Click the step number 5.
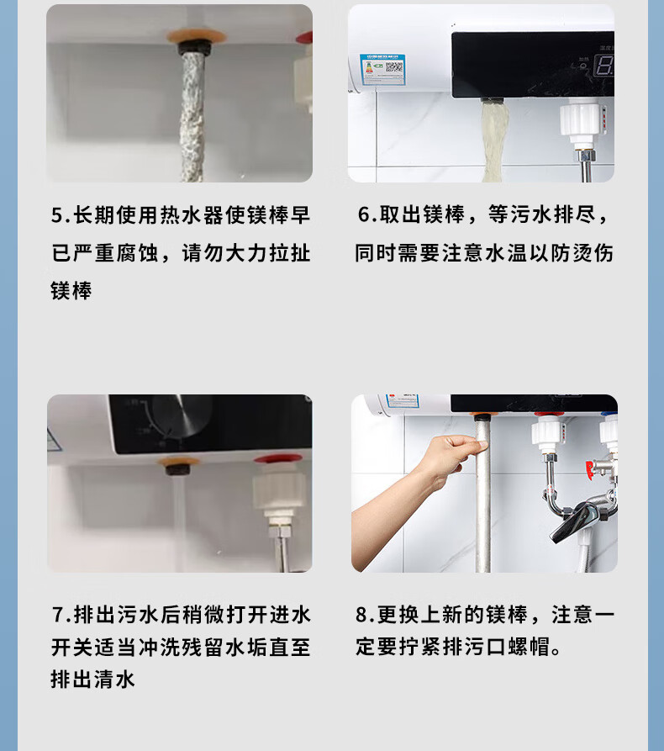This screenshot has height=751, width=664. [x=57, y=215]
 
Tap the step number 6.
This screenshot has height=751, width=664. [x=364, y=214]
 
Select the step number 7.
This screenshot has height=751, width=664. [x=58, y=615]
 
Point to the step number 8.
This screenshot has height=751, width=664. [x=361, y=615]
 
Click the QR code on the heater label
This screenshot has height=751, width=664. [x=394, y=68]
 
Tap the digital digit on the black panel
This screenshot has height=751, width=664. [x=604, y=66]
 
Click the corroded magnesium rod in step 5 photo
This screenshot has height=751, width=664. [x=192, y=116]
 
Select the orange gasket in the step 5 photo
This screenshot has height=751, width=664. [x=197, y=36]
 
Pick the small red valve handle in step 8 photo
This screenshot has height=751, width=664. [x=590, y=470]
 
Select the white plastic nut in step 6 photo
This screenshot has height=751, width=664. [x=580, y=122]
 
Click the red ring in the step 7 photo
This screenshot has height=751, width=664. [x=278, y=459]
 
